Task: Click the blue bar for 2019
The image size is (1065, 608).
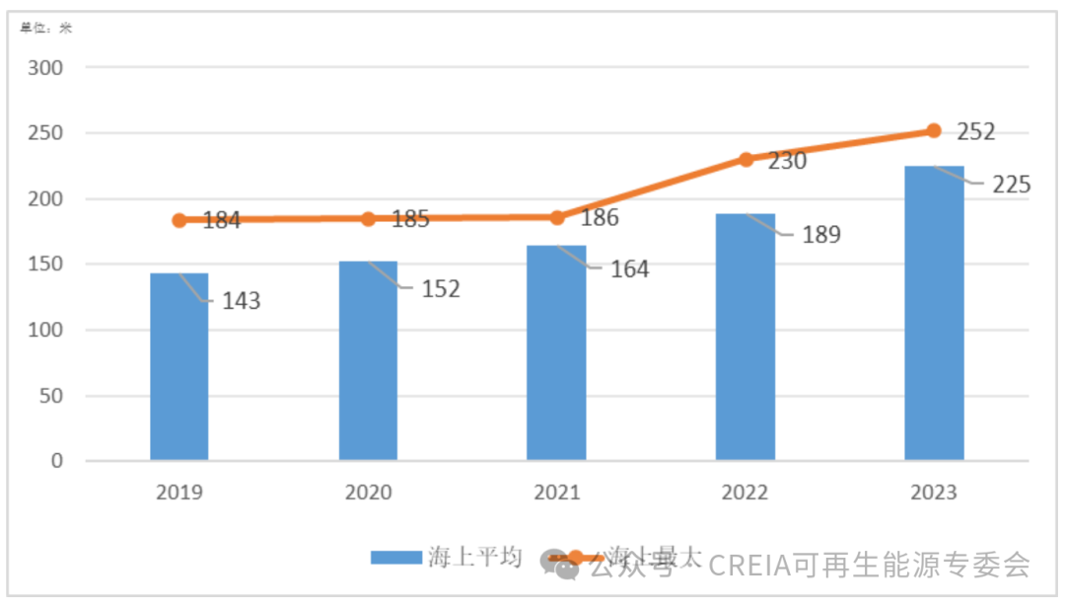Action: (179, 366)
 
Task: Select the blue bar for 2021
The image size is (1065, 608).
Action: (556, 352)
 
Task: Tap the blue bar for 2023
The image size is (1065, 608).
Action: (934, 313)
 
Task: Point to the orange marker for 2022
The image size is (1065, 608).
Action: (745, 159)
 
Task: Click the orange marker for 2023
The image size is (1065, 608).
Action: (934, 130)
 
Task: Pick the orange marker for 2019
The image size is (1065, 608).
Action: (179, 220)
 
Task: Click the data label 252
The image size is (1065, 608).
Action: (976, 131)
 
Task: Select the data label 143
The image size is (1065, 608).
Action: (241, 301)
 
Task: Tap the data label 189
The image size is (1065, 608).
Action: (820, 235)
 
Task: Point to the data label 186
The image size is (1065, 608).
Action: (600, 218)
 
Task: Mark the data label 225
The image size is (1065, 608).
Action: (1011, 185)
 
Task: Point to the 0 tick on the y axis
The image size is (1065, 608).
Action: (57, 461)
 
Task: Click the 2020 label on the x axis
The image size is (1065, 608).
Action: (368, 493)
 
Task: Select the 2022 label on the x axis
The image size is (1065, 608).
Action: (745, 493)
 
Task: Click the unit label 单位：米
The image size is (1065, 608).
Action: (46, 28)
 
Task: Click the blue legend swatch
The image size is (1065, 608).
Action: (396, 558)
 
